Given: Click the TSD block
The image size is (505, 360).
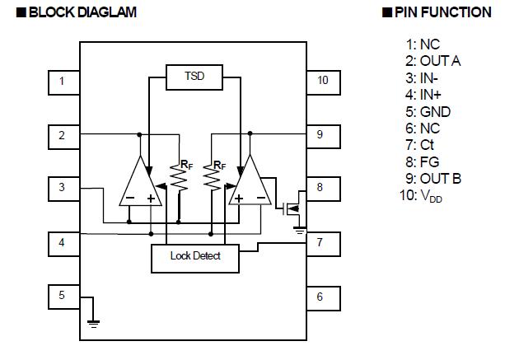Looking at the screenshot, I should point(194,77).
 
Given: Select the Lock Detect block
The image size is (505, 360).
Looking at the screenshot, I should point(195,256).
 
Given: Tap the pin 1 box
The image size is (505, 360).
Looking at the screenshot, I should point(62,82).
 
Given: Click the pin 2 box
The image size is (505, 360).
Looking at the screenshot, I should point(62,135).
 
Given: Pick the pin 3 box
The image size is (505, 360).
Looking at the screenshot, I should point(62,189).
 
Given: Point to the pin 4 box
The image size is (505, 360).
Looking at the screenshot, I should point(62,242).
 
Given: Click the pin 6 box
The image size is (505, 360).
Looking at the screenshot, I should point(320,297).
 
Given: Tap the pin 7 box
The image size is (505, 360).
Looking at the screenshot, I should point(320,242).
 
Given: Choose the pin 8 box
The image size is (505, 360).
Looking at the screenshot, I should point(320,189).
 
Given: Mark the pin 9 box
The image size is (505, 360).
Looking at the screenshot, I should point(320,135).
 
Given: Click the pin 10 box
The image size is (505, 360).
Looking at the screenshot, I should point(320,82).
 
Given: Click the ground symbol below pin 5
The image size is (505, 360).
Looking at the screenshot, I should point(93,323).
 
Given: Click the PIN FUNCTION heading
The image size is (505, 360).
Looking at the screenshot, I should point(437,12).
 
